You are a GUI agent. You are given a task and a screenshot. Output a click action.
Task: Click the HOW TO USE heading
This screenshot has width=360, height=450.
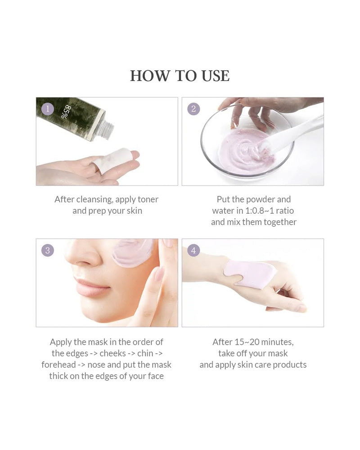click(x=180, y=76)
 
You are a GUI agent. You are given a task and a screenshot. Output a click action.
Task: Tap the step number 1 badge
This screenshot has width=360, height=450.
click(x=47, y=108)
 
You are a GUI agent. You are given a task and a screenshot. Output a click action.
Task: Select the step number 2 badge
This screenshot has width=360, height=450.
click(x=193, y=108)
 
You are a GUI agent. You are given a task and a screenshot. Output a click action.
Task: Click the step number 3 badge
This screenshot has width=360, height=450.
click(x=47, y=250)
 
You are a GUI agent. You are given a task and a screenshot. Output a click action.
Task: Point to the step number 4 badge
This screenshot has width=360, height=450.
click(x=193, y=250)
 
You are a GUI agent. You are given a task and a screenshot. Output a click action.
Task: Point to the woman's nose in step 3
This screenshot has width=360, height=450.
click(x=81, y=256)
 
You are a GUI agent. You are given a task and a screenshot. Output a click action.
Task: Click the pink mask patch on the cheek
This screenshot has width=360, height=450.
click(x=133, y=253)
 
